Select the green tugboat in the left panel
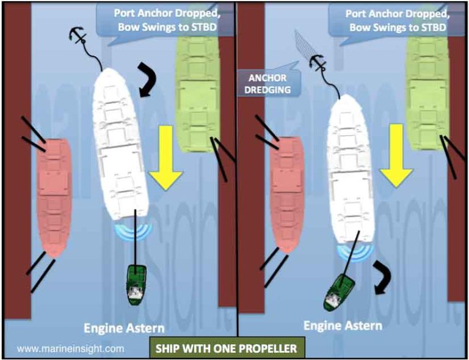click(x=135, y=285)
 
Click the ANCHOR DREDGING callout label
click(x=268, y=83)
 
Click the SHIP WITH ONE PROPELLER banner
click(x=226, y=348)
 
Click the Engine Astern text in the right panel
click(x=343, y=325)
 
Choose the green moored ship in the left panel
click(x=197, y=89)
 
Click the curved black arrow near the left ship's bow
click(x=148, y=78)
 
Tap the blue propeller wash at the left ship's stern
click(x=133, y=230)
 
